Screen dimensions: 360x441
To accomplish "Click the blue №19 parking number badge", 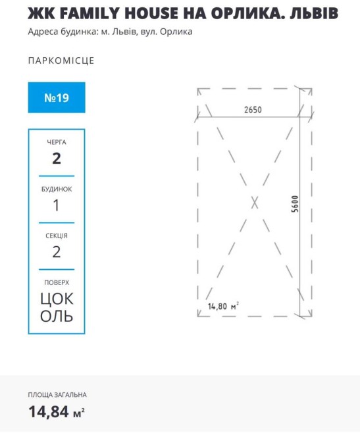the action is tap(57, 97).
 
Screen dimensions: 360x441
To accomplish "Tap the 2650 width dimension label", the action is tap(253, 110).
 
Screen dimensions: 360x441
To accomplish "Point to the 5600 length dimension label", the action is tap(294, 204).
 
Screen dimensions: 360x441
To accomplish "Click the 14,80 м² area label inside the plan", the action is tap(223, 306).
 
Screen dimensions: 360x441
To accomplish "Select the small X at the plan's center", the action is tap(255, 203).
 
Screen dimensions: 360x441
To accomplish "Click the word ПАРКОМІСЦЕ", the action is tap(61, 61).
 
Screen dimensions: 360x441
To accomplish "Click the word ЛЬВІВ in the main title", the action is tap(314, 13).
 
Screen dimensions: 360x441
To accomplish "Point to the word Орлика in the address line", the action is tap(176, 32).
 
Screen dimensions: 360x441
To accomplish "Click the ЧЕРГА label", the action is tap(57, 142).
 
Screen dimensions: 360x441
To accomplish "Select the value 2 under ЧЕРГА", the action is tap(57, 159).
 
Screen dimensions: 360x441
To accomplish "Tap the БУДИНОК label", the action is tap(57, 190).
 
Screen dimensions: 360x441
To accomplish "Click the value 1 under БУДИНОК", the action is tap(56, 205).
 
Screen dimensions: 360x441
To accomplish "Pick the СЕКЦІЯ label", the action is tap(57, 236).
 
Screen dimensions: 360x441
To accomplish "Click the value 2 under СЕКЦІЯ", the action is tap(57, 251).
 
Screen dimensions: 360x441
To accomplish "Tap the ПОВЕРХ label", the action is tap(57, 282).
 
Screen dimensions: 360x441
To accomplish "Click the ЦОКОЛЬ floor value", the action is tap(57, 307).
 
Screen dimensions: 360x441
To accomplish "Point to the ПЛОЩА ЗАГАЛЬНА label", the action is tap(57, 395).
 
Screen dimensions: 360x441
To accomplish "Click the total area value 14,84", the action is tap(49, 412).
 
